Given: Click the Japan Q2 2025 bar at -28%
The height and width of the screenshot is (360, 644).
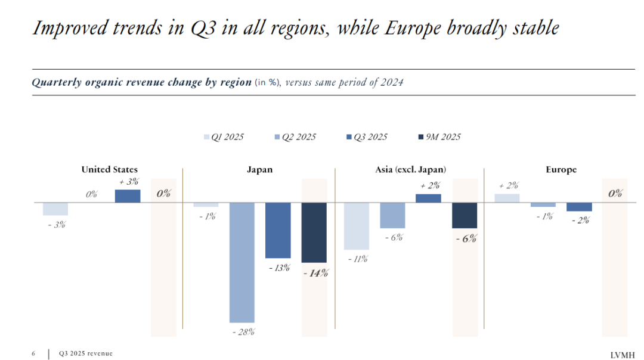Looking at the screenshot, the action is tap(242, 262).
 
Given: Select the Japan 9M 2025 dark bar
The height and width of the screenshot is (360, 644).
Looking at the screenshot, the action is tap(314, 232).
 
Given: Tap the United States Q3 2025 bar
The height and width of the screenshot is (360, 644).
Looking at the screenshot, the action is tap(128, 196).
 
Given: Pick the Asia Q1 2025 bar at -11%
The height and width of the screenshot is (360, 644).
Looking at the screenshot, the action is tap(357, 226).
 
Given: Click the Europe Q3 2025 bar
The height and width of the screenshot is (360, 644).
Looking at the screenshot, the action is tap(579, 207).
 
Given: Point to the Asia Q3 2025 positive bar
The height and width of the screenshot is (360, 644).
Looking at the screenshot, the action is tap(428, 198).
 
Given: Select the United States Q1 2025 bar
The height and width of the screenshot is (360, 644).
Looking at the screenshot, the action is tap(55, 209).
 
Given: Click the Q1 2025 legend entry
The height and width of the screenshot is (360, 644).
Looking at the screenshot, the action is tap(224, 137).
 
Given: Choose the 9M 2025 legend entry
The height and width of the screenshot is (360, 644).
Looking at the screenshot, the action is tap(439, 136).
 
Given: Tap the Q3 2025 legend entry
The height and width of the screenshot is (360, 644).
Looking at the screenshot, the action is tap(367, 137).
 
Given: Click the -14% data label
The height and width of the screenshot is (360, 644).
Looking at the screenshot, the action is tap(316, 273).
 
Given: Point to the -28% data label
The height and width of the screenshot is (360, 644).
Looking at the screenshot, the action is tap(243, 331).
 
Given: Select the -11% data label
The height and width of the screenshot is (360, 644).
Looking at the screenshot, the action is tap(358, 259).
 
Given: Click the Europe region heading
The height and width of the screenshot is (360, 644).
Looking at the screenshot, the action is tap(561, 169).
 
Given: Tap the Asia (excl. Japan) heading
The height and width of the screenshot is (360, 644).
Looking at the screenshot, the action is tap(410, 169).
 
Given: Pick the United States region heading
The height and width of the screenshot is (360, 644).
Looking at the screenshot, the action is tap(109, 169).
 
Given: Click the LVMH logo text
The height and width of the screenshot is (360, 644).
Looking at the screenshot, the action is tap(622, 355).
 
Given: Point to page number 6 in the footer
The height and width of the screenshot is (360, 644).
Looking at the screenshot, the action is tap(33, 353).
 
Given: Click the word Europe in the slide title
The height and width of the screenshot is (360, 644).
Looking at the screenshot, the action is tap(413, 29).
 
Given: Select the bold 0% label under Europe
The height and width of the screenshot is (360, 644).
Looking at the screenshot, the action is tap(615, 193).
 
